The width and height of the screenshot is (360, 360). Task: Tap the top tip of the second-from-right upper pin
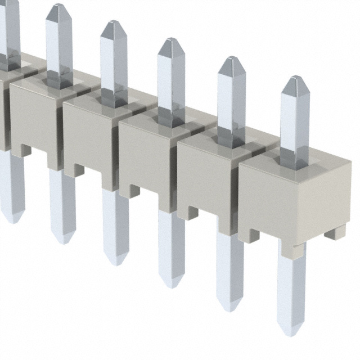coord(232,59)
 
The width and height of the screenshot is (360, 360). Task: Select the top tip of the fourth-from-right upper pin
coord(114,23)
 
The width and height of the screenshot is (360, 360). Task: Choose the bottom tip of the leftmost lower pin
coord(12,220)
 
